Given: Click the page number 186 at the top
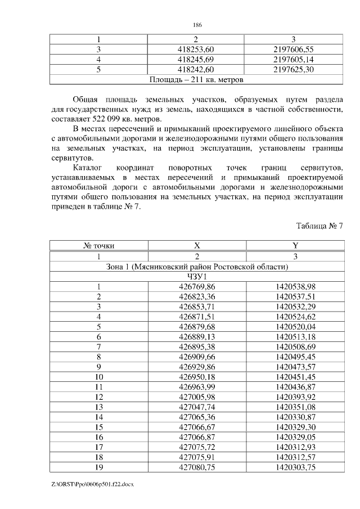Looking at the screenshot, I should click(x=197, y=25).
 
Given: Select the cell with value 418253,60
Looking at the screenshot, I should click(x=196, y=49).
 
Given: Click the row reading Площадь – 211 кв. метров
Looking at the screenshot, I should click(x=197, y=79).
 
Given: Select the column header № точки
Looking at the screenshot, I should click(x=98, y=246).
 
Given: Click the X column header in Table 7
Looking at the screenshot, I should click(x=196, y=246).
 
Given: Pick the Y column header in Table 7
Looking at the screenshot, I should click(x=294, y=246).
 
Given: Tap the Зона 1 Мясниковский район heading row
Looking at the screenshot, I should click(x=197, y=266).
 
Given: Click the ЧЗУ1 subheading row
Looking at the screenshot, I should click(x=197, y=276).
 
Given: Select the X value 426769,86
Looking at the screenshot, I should click(x=196, y=286).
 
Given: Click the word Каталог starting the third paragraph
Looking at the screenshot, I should click(x=88, y=168).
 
